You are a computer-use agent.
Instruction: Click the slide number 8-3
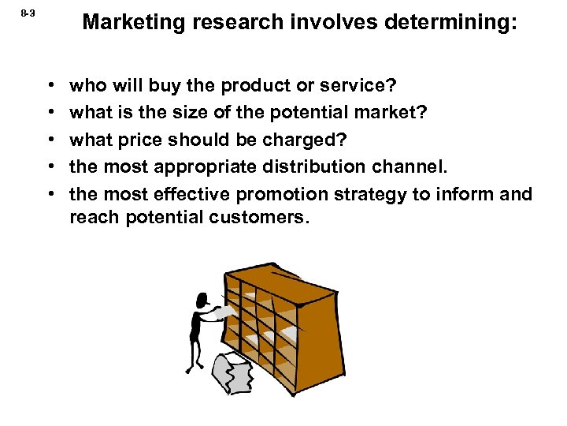pyautogui.click(x=27, y=13)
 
